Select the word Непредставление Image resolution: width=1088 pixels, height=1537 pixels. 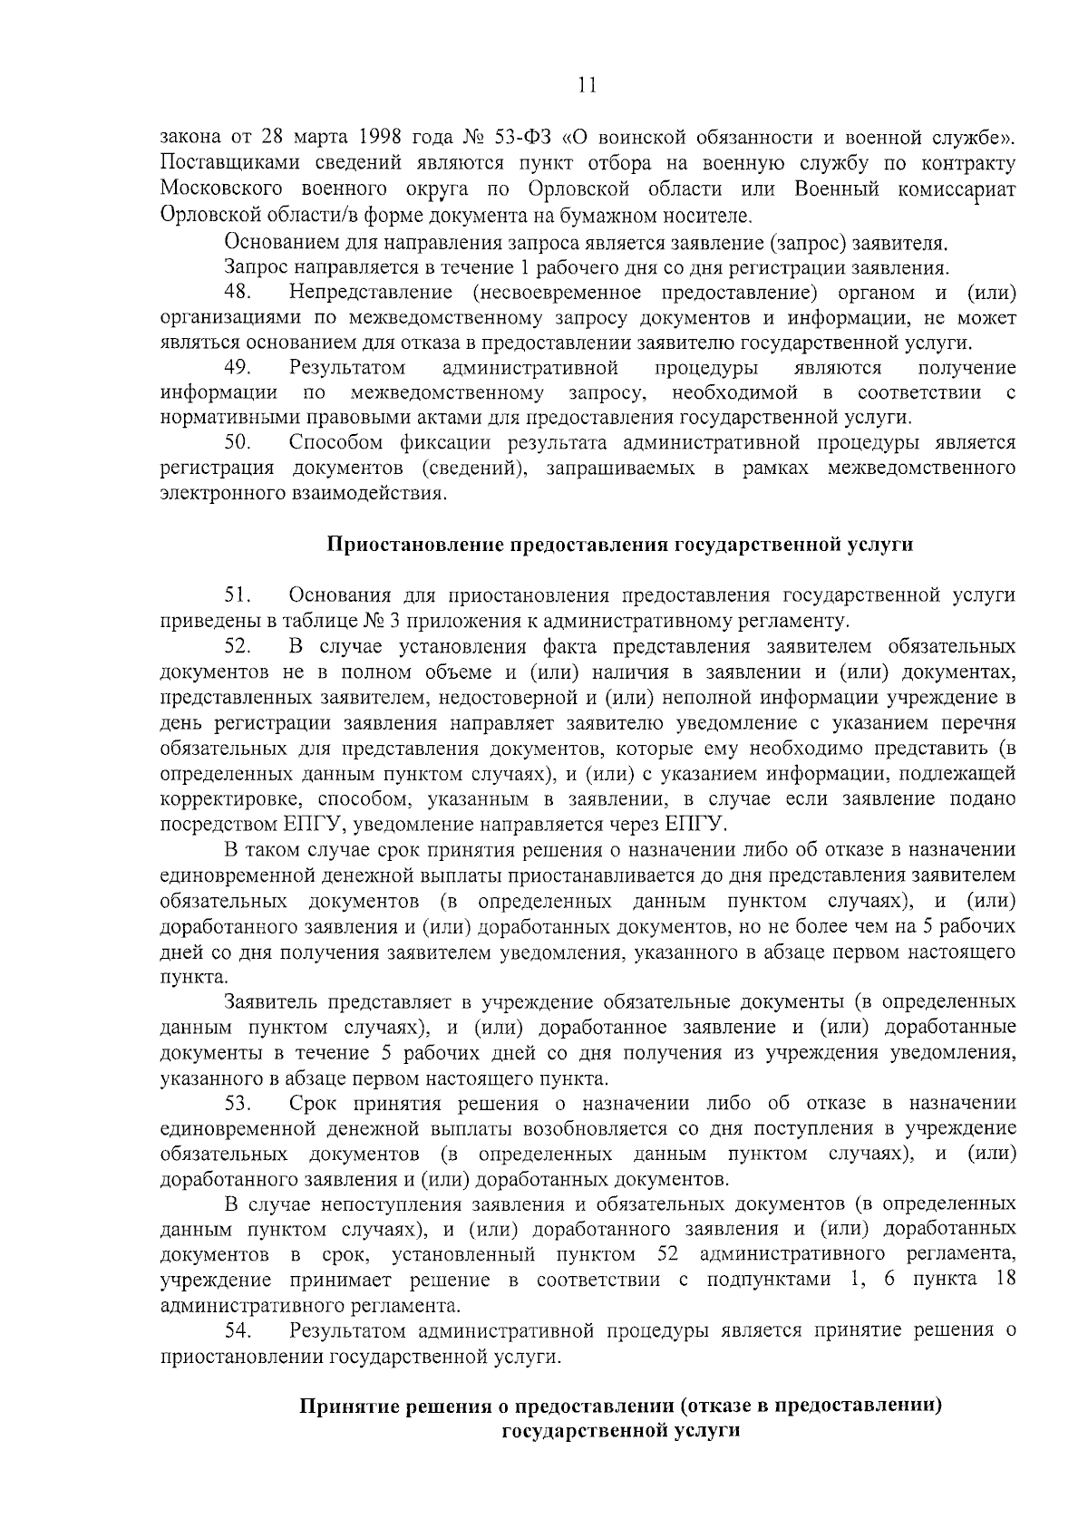coord(371,292)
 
